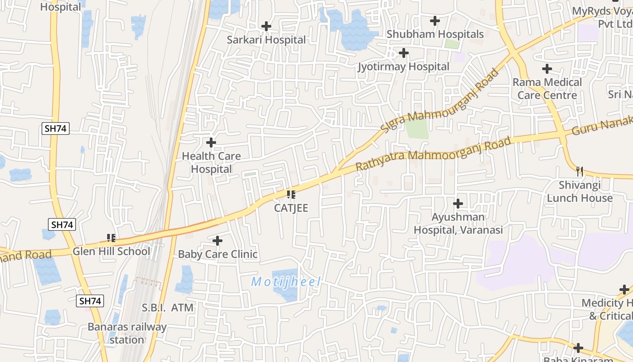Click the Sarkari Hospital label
click(x=266, y=40)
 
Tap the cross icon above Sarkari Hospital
click(x=266, y=26)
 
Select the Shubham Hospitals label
click(x=435, y=34)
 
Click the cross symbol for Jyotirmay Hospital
click(x=404, y=53)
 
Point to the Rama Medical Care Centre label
click(x=547, y=89)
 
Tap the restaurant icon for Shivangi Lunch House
click(x=580, y=171)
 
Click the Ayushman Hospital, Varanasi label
click(x=458, y=224)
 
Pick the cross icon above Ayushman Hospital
click(x=458, y=204)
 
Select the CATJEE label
click(x=291, y=208)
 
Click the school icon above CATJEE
click(x=291, y=195)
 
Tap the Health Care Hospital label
click(x=211, y=162)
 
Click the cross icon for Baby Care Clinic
click(x=217, y=241)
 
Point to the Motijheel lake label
click(x=286, y=282)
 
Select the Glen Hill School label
click(x=111, y=252)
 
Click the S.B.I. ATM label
click(x=168, y=308)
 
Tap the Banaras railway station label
click(x=127, y=333)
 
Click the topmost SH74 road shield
click(x=56, y=129)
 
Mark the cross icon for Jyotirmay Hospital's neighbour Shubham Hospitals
click(x=435, y=21)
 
